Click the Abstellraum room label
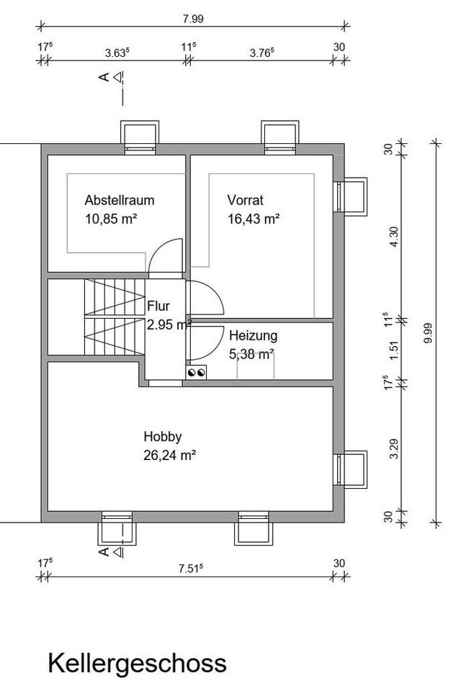pos(120,200)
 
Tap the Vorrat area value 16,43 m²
pos(254,219)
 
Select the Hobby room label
pos(163,437)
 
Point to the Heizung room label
pos(254,336)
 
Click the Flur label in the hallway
pos(158,306)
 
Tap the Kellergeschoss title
pos(137,664)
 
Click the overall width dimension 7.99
pos(193,19)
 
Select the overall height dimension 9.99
pos(428,333)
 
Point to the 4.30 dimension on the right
pos(394,236)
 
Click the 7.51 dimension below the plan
pos(191,569)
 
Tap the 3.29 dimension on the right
pos(394,448)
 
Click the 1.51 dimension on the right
pos(394,350)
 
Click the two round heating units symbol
pos(197,373)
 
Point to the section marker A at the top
pos(104,78)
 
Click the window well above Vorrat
pos(279,137)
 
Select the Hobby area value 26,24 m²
pos(170,455)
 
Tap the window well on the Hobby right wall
pos(351,469)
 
